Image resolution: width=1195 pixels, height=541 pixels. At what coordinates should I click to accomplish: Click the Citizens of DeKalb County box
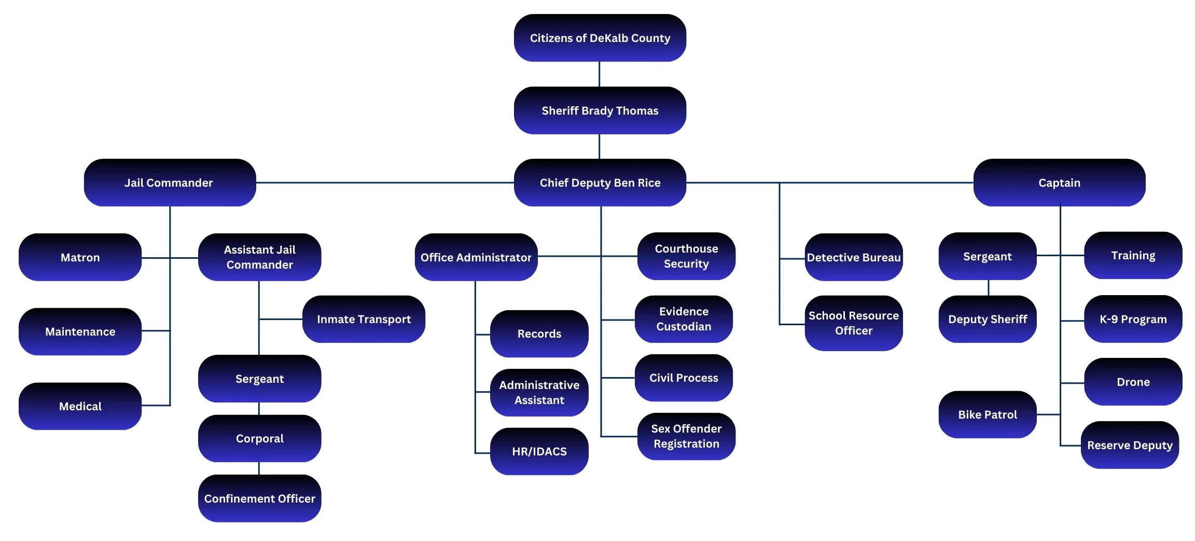coord(600,38)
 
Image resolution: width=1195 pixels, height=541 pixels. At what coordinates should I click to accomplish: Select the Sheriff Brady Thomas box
coord(600,110)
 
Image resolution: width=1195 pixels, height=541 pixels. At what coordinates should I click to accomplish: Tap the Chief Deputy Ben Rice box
coord(600,183)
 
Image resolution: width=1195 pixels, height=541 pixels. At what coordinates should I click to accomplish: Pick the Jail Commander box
coord(169,183)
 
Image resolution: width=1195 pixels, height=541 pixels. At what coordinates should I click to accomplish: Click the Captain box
coord(1059,183)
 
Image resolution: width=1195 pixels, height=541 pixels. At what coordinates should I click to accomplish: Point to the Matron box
coord(80,257)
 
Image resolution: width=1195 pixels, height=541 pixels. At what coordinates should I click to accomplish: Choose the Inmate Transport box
coord(364,319)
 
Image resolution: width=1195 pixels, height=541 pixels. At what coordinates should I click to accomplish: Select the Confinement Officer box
coord(259,498)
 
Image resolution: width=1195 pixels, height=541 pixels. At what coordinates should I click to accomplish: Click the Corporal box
coord(259,438)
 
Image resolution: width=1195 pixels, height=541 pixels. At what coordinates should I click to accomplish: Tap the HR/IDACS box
coord(539,451)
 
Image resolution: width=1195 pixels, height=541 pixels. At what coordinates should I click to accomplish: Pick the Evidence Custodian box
coord(684,319)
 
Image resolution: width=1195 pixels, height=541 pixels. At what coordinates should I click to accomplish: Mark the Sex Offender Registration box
coord(686,436)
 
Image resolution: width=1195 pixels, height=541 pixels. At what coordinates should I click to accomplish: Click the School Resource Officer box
coord(853,323)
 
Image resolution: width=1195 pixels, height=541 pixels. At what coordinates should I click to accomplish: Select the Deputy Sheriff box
coord(987,319)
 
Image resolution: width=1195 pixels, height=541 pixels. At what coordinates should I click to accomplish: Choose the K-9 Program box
coord(1133,319)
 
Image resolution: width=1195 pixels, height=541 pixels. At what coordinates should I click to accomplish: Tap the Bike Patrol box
coord(987,414)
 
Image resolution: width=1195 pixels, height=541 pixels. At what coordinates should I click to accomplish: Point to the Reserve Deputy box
coord(1130,445)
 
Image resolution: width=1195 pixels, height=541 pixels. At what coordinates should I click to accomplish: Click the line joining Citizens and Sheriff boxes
coord(600,74)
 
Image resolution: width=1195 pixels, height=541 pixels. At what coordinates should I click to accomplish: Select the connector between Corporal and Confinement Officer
coord(259,468)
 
